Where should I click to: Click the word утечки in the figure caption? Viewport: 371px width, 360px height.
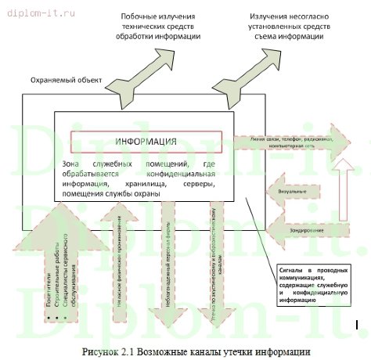click(x=226, y=350)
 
